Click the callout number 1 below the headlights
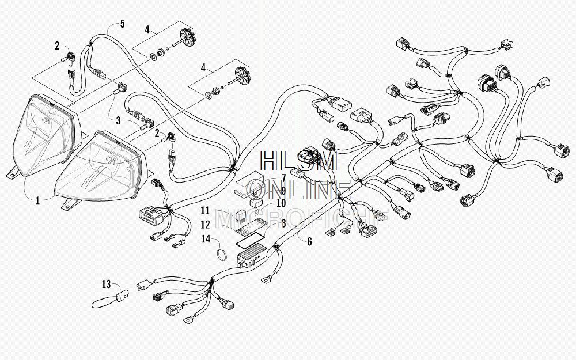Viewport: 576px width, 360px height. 37,201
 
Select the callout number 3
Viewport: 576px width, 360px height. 118,120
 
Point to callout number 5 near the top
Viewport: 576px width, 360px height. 122,24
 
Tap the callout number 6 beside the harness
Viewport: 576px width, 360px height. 309,241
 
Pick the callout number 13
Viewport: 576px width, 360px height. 106,284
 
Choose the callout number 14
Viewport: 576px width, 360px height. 206,239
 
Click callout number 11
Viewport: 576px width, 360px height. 205,211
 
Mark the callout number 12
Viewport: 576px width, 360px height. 206,224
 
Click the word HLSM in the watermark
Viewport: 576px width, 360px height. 298,161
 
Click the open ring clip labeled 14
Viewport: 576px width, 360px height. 220,255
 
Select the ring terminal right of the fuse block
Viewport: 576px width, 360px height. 264,280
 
